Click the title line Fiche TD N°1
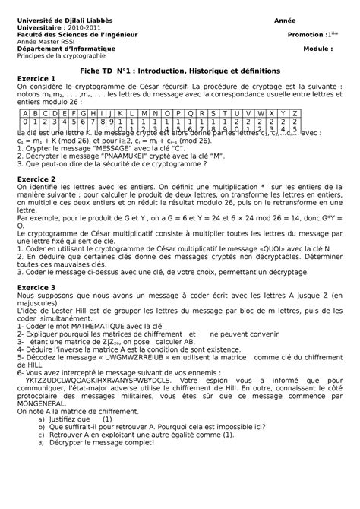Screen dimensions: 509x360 (x=180, y=69)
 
